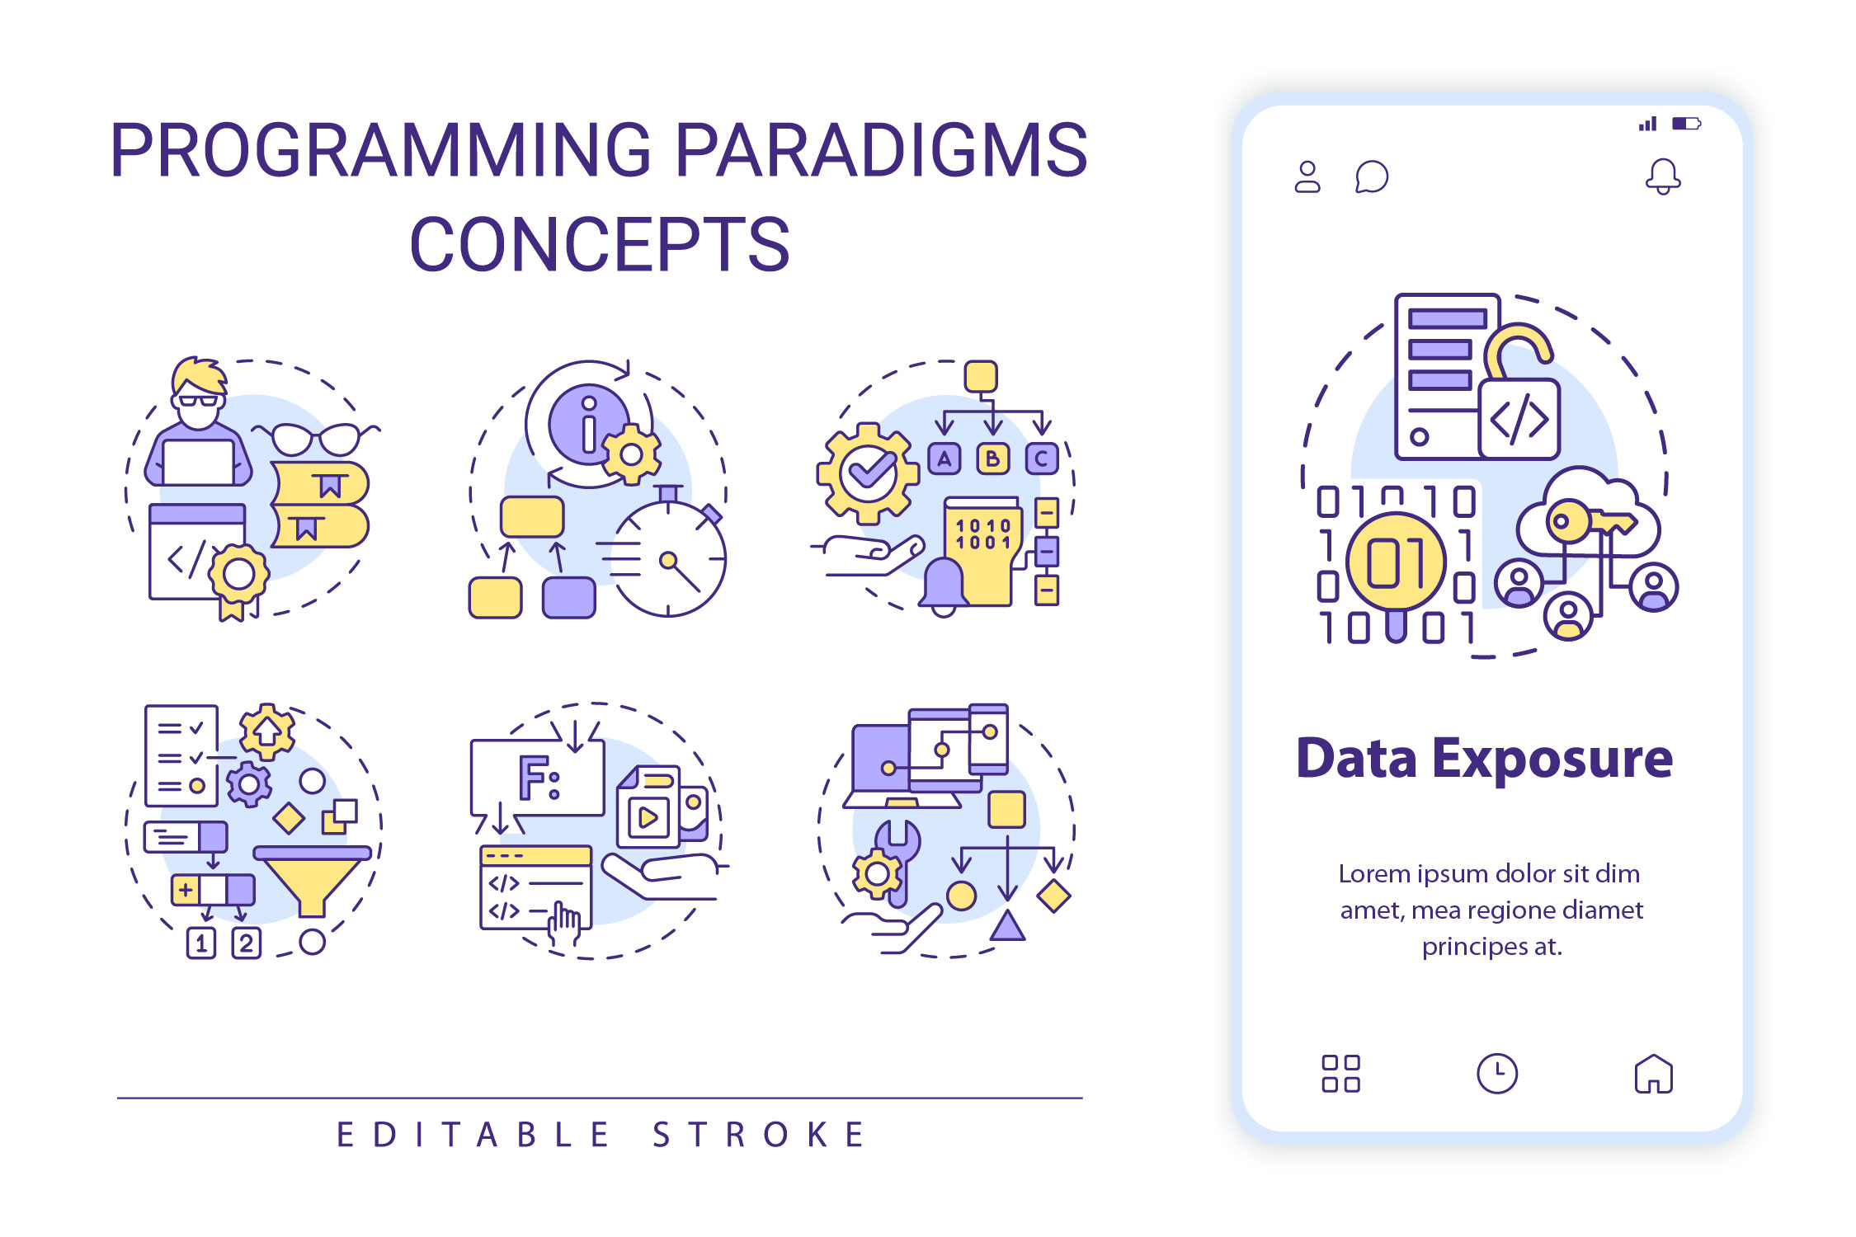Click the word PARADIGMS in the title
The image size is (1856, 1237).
pyautogui.click(x=881, y=150)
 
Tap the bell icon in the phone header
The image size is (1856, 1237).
pyautogui.click(x=1662, y=176)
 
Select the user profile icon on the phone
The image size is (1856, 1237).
pyautogui.click(x=1307, y=176)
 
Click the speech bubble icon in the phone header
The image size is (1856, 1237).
pyautogui.click(x=1372, y=176)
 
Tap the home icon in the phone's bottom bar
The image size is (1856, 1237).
pyautogui.click(x=1653, y=1074)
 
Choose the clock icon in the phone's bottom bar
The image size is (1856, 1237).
pyautogui.click(x=1496, y=1074)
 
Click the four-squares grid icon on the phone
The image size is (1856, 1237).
pyautogui.click(x=1340, y=1074)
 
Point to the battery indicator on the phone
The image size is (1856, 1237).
pyautogui.click(x=1685, y=124)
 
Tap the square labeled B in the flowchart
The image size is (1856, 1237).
pyautogui.click(x=993, y=459)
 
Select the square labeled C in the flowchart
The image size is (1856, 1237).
pyautogui.click(x=1042, y=459)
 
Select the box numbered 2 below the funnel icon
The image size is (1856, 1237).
pyautogui.click(x=246, y=943)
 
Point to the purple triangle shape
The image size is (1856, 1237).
pyautogui.click(x=1006, y=927)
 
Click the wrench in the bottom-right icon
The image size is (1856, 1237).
pyautogui.click(x=899, y=858)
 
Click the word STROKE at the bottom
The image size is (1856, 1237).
pyautogui.click(x=759, y=1136)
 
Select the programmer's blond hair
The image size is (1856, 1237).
pyautogui.click(x=198, y=375)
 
